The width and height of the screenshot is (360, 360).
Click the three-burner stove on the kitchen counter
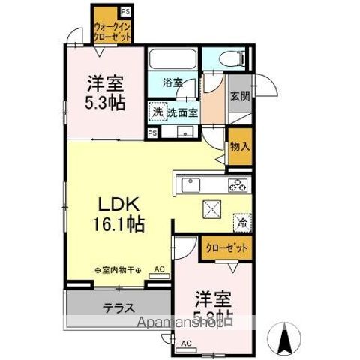click(238, 184)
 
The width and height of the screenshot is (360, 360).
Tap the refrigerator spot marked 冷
click(243, 222)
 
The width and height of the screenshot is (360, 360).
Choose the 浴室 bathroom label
click(173, 82)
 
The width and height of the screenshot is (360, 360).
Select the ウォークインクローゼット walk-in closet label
click(112, 30)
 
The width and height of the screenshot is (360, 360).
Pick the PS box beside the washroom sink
click(153, 133)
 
